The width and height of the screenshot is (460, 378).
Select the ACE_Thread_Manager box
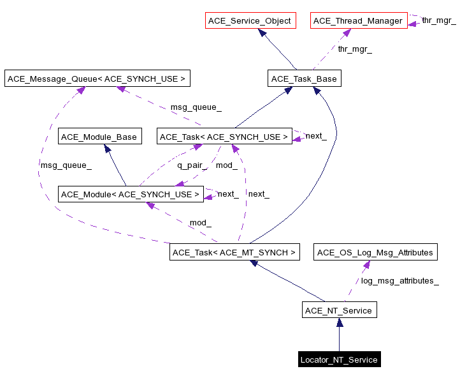(x=358, y=21)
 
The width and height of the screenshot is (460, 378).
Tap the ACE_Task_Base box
(x=304, y=79)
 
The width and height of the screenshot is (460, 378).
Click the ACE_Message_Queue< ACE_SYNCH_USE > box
(x=97, y=79)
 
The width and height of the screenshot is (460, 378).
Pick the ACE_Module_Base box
(x=99, y=137)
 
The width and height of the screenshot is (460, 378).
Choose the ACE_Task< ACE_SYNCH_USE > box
(x=224, y=137)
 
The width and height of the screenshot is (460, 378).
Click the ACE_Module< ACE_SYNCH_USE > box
(x=131, y=194)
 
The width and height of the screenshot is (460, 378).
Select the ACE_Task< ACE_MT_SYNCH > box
(x=234, y=252)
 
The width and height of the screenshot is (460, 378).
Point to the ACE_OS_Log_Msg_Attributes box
(x=375, y=252)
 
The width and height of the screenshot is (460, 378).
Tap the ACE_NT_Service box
(x=339, y=310)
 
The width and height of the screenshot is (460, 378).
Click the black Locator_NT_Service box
(x=339, y=359)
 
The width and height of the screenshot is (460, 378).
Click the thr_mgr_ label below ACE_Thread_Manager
(x=354, y=49)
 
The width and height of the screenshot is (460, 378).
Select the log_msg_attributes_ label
(x=399, y=280)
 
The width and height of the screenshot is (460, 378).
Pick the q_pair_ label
(x=190, y=165)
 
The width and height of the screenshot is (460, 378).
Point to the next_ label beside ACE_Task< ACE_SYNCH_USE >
(x=316, y=136)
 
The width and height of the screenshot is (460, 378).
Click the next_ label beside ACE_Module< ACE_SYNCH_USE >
(x=228, y=193)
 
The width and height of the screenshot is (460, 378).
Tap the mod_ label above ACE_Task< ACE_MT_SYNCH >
(x=200, y=223)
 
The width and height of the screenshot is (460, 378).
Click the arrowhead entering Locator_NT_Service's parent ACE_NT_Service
(x=339, y=322)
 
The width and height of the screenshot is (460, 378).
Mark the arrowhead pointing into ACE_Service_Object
(x=262, y=33)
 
